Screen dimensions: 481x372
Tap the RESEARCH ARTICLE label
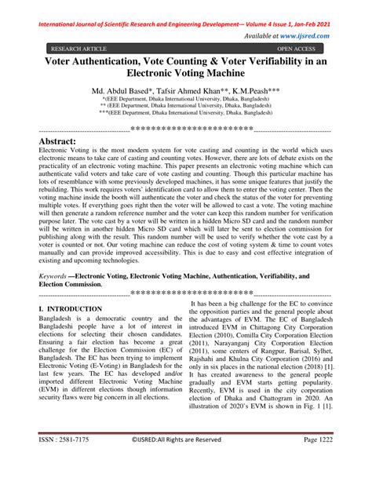tap(75, 48)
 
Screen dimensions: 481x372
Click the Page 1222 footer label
tap(319, 461)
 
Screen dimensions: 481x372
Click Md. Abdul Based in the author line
tap(120, 93)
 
